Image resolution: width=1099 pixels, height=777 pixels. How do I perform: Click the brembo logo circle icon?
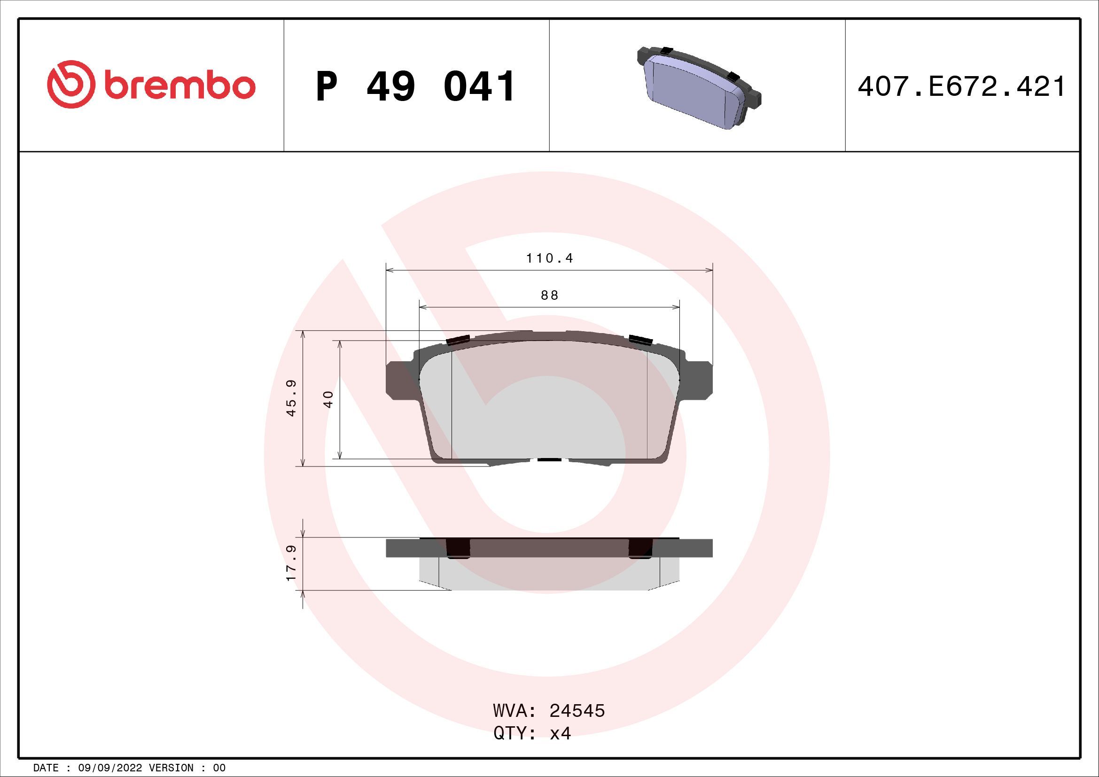tap(69, 84)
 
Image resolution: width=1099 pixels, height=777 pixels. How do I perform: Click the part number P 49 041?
tap(415, 86)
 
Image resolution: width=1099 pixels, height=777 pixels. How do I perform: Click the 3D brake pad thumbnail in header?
tap(698, 88)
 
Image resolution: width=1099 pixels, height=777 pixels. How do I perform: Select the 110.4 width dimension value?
tap(550, 259)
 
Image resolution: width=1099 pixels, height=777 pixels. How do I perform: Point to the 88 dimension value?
tap(550, 295)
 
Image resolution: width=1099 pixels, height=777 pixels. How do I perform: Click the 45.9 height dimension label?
tap(291, 398)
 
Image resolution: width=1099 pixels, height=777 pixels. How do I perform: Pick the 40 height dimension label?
tap(328, 399)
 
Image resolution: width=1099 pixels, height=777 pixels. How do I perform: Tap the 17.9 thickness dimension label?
tap(291, 563)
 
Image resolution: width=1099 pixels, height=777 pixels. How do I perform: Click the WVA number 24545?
tap(577, 711)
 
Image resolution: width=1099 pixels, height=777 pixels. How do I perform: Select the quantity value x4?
tap(560, 733)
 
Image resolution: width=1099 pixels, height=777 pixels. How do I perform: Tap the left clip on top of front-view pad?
tap(456, 340)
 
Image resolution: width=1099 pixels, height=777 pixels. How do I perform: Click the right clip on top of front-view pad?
tap(641, 340)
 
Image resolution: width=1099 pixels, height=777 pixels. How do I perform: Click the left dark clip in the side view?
tap(458, 548)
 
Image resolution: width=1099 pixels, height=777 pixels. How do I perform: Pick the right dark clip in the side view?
tap(640, 548)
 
